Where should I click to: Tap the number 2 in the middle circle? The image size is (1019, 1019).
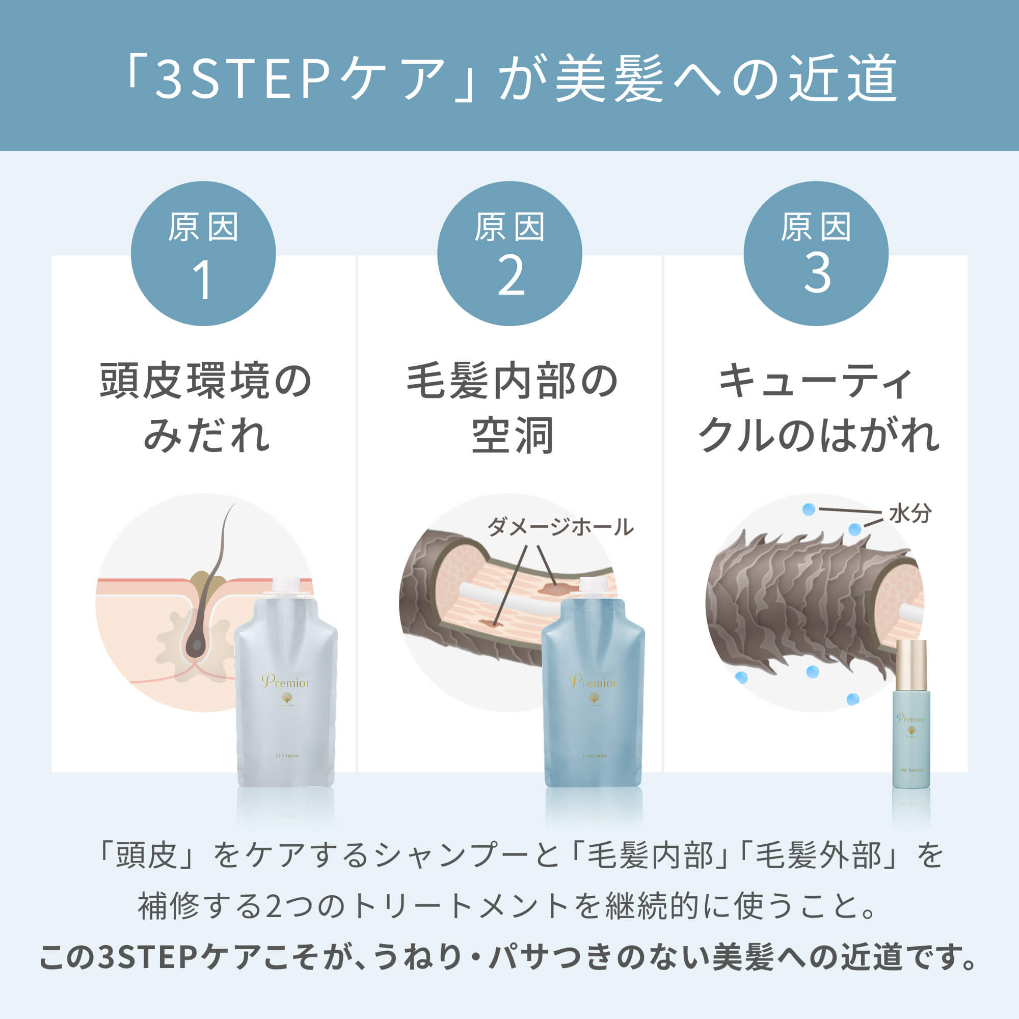511,276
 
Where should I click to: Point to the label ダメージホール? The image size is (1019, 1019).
559,526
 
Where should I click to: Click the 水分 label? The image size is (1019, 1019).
909,513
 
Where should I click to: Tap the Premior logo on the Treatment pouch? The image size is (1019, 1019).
593,683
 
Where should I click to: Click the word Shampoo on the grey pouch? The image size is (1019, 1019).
287,756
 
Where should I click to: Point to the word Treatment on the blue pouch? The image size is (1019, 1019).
595,756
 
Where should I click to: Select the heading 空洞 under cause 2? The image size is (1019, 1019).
512,436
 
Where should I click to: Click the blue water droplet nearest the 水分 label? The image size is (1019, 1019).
855,529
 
